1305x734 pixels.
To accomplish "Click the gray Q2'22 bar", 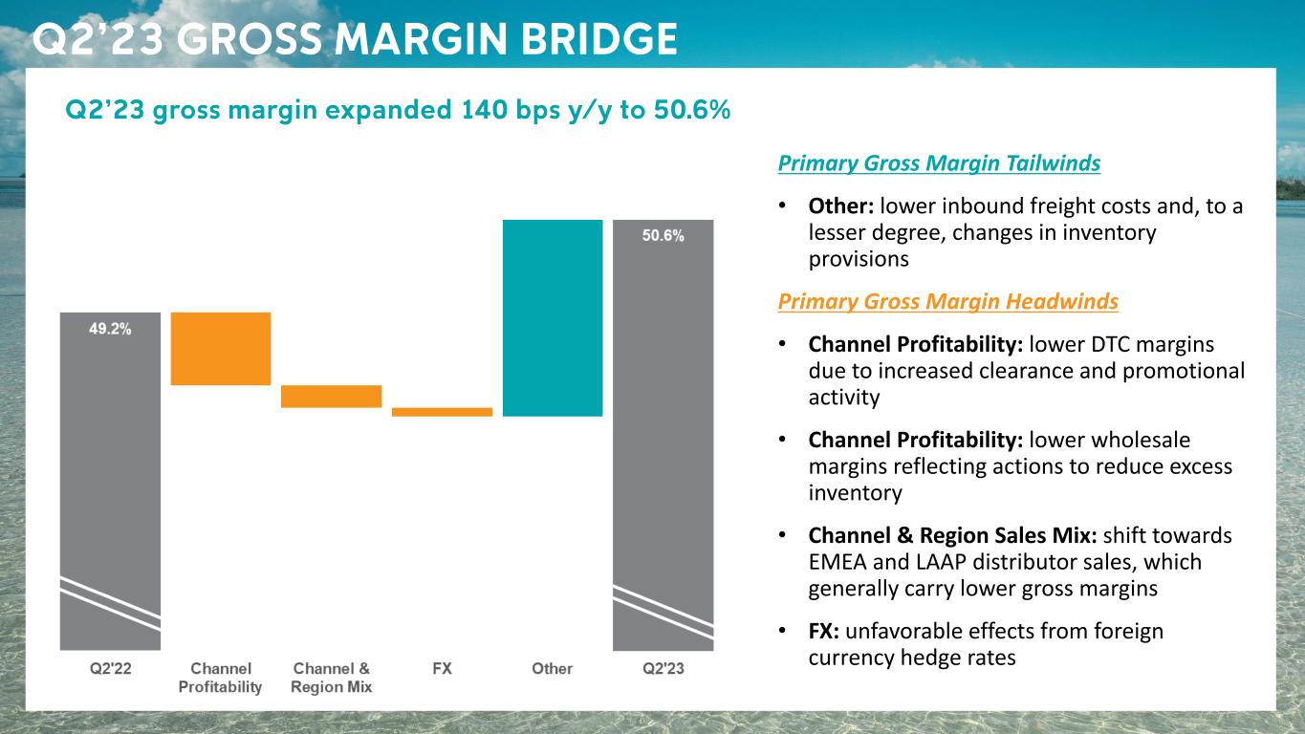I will pyautogui.click(x=110, y=478).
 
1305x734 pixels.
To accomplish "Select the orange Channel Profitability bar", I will pyautogui.click(x=221, y=349).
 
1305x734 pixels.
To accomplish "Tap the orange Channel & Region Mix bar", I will pyautogui.click(x=331, y=397).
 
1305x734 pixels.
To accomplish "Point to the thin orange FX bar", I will pyautogui.click(x=442, y=412).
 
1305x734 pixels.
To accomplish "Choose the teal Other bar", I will pyautogui.click(x=553, y=317).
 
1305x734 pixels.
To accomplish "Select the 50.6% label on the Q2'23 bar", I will pyautogui.click(x=663, y=237).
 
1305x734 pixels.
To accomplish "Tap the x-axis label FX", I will pyautogui.click(x=442, y=669).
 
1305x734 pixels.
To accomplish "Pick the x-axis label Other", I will pyautogui.click(x=553, y=669).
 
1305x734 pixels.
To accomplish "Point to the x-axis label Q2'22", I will pyautogui.click(x=110, y=669).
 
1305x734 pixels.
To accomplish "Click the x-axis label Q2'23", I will pyautogui.click(x=663, y=669).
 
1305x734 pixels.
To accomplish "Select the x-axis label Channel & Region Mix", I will pyautogui.click(x=331, y=678).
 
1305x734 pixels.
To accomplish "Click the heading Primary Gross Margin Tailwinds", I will pyautogui.click(x=939, y=163).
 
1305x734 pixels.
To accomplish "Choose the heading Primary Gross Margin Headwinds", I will pyautogui.click(x=947, y=302).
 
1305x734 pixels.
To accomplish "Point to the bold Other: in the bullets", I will pyautogui.click(x=840, y=206).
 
